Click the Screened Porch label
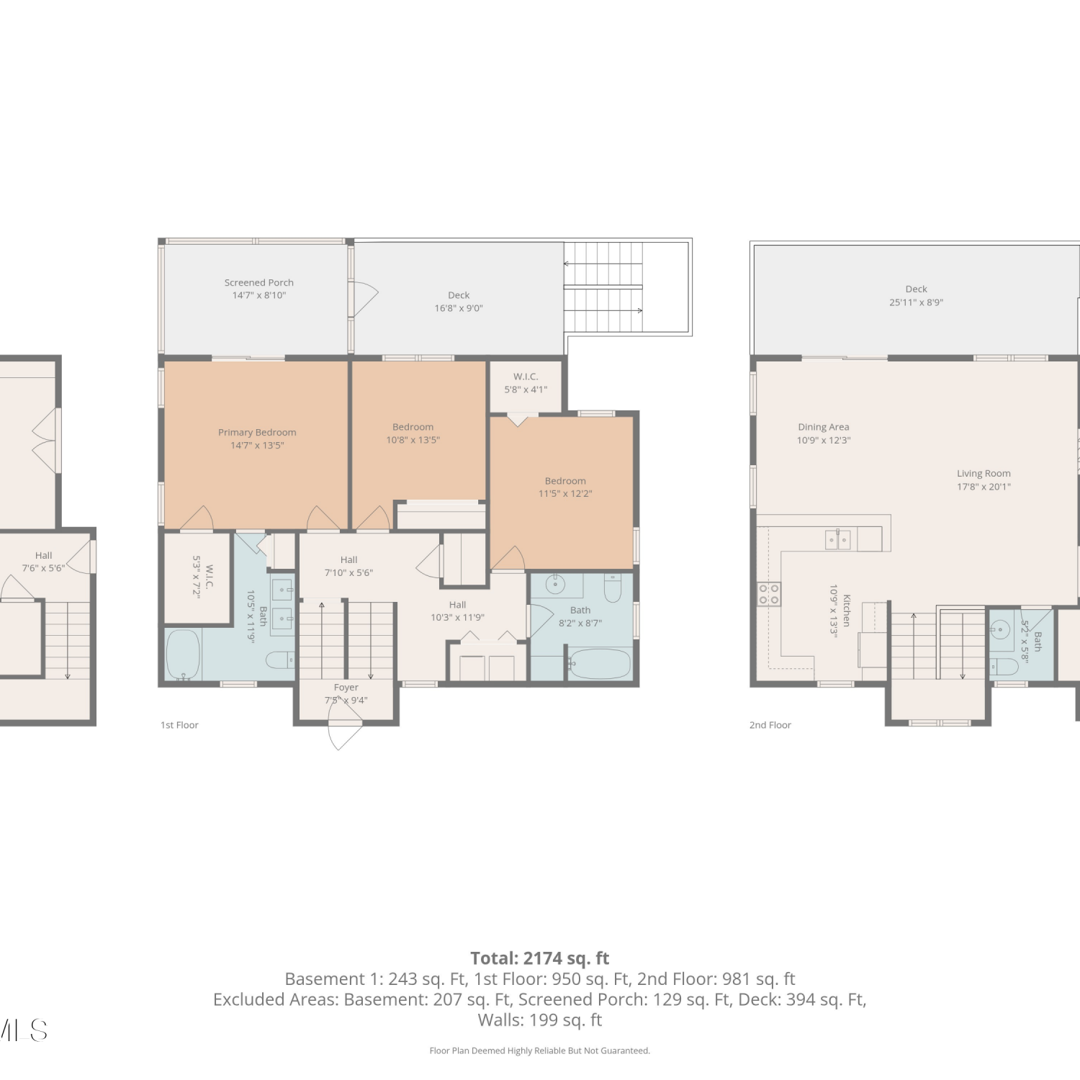(x=259, y=283)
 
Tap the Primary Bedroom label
(x=257, y=433)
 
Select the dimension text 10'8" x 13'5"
(x=413, y=440)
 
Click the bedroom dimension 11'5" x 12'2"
(x=565, y=494)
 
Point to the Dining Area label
(x=824, y=427)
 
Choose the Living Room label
(x=984, y=474)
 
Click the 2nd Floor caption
(x=770, y=725)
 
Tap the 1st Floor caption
(x=179, y=725)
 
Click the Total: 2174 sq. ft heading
(x=540, y=958)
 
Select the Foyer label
(x=346, y=688)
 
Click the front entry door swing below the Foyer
(x=345, y=726)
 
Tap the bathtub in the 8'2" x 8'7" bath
(x=600, y=664)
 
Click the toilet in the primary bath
(x=280, y=660)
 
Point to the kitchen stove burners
(x=769, y=594)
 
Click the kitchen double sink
(x=838, y=539)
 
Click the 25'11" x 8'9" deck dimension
(x=916, y=302)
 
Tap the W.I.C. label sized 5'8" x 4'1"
(x=526, y=377)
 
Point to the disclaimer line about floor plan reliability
(x=540, y=1050)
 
